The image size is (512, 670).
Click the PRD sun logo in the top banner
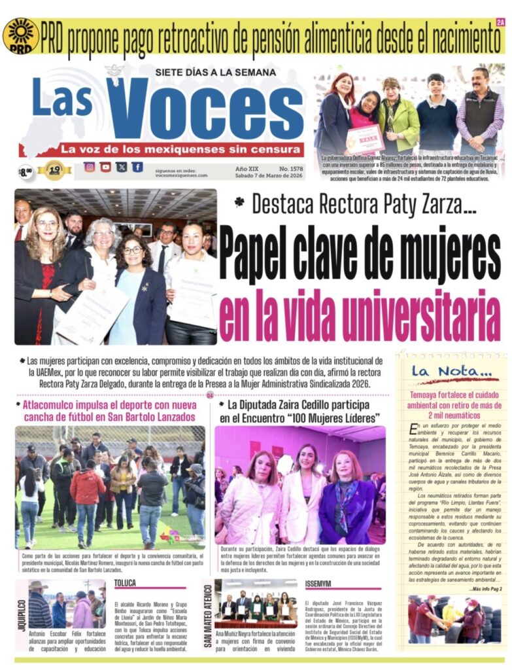[20, 35]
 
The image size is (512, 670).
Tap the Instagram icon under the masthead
[90, 167]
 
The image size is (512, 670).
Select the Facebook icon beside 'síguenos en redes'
[137, 167]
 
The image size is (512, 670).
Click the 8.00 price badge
[26, 172]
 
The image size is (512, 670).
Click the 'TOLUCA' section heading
[126, 583]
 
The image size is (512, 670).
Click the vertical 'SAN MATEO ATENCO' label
[208, 616]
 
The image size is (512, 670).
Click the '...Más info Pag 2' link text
[485, 590]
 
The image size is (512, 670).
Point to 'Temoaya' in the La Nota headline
[427, 396]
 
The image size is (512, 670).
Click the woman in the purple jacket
[347, 501]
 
